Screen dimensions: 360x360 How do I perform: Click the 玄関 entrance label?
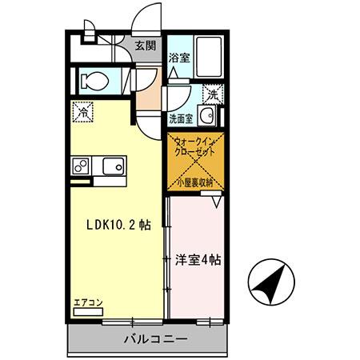(x=145, y=45)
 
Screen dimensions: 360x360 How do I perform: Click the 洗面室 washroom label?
(x=180, y=119)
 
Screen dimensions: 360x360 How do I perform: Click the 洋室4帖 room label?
(x=198, y=259)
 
